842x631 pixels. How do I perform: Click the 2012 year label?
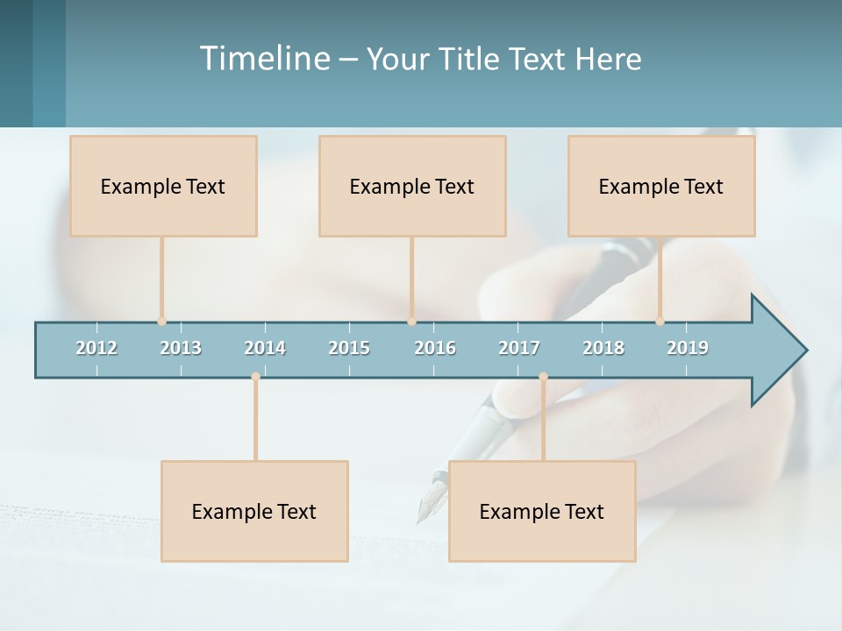click(96, 348)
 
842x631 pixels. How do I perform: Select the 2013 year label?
click(181, 348)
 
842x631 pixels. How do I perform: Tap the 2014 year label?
click(265, 348)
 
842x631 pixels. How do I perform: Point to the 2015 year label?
click(349, 348)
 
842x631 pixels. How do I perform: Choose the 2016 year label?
click(435, 348)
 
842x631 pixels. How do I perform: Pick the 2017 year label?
click(519, 348)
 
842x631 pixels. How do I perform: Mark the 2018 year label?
click(603, 348)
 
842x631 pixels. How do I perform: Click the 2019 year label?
click(688, 348)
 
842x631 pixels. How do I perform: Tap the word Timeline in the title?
click(264, 59)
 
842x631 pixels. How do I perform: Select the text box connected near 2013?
click(163, 186)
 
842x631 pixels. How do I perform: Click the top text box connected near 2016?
click(412, 186)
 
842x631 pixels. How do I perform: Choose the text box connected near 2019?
click(661, 186)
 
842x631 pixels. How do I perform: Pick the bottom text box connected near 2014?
click(254, 511)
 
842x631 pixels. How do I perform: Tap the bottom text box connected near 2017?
click(542, 511)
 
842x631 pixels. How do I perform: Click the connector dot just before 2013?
click(161, 321)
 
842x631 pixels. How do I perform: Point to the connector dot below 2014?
click(255, 377)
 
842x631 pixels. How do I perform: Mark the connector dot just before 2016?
click(411, 321)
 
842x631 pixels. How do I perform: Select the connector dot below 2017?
click(543, 377)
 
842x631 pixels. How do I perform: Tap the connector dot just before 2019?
click(660, 321)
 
